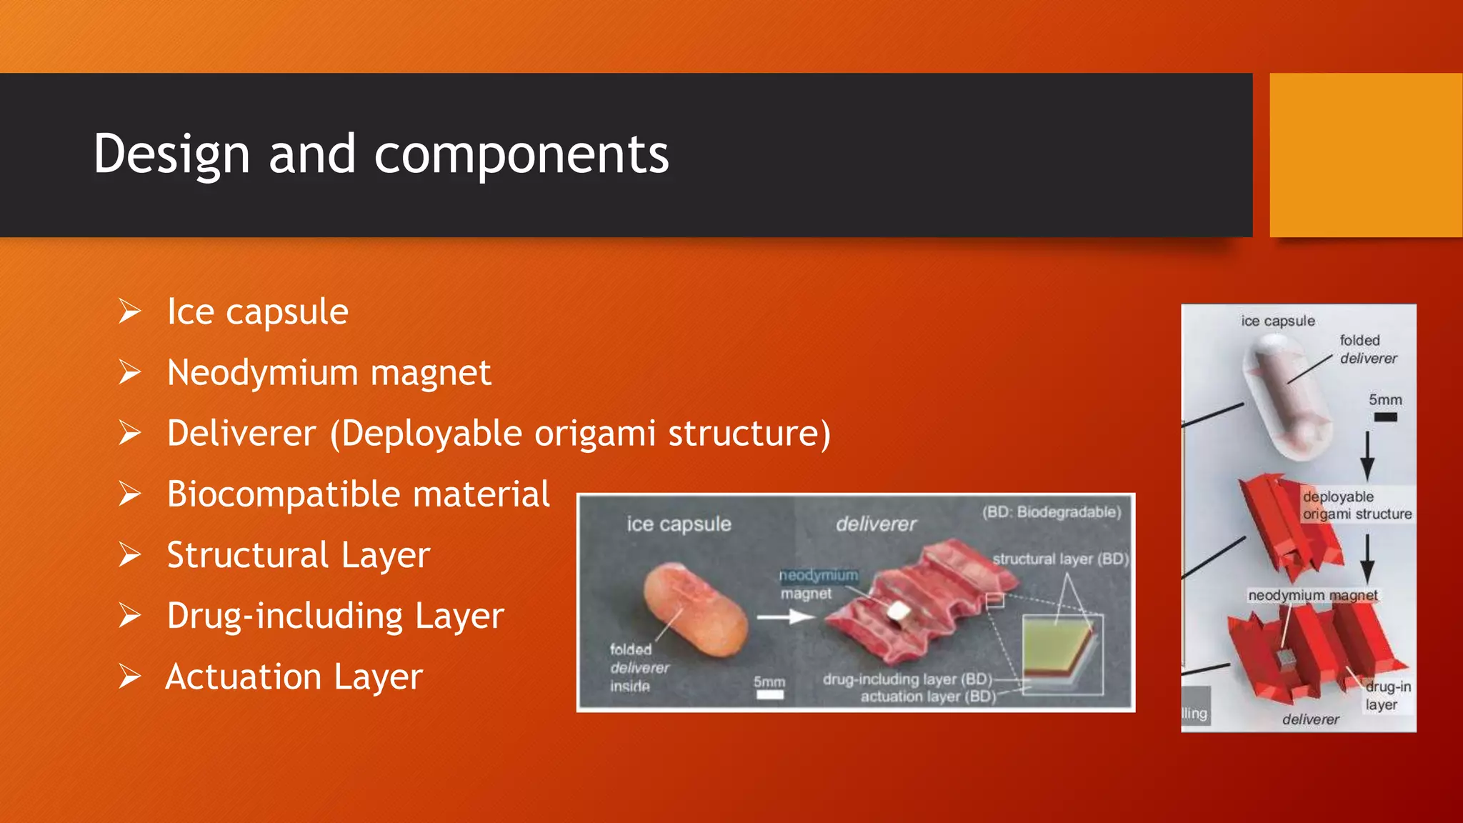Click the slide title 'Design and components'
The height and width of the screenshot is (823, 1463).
pos(381,154)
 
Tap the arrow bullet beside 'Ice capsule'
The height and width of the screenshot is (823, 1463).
pos(130,311)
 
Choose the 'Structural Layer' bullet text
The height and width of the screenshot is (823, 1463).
pos(298,555)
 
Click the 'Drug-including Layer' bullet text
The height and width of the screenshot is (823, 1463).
pos(335,616)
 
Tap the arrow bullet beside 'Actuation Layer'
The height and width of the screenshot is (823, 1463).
pos(130,677)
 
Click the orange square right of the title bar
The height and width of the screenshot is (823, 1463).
pos(1365,154)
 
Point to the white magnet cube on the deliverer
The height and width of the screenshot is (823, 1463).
pos(897,611)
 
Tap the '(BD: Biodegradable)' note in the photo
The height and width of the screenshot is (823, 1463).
pos(1051,512)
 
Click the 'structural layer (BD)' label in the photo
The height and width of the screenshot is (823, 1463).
pos(1060,559)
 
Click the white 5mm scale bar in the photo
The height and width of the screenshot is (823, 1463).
pos(770,694)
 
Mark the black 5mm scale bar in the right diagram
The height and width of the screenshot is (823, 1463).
pos(1385,417)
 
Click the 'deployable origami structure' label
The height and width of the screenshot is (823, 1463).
pos(1357,505)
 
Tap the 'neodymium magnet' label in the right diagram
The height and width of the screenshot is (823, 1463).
pos(1312,595)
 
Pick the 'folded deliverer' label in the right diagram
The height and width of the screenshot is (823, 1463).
pos(1367,349)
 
